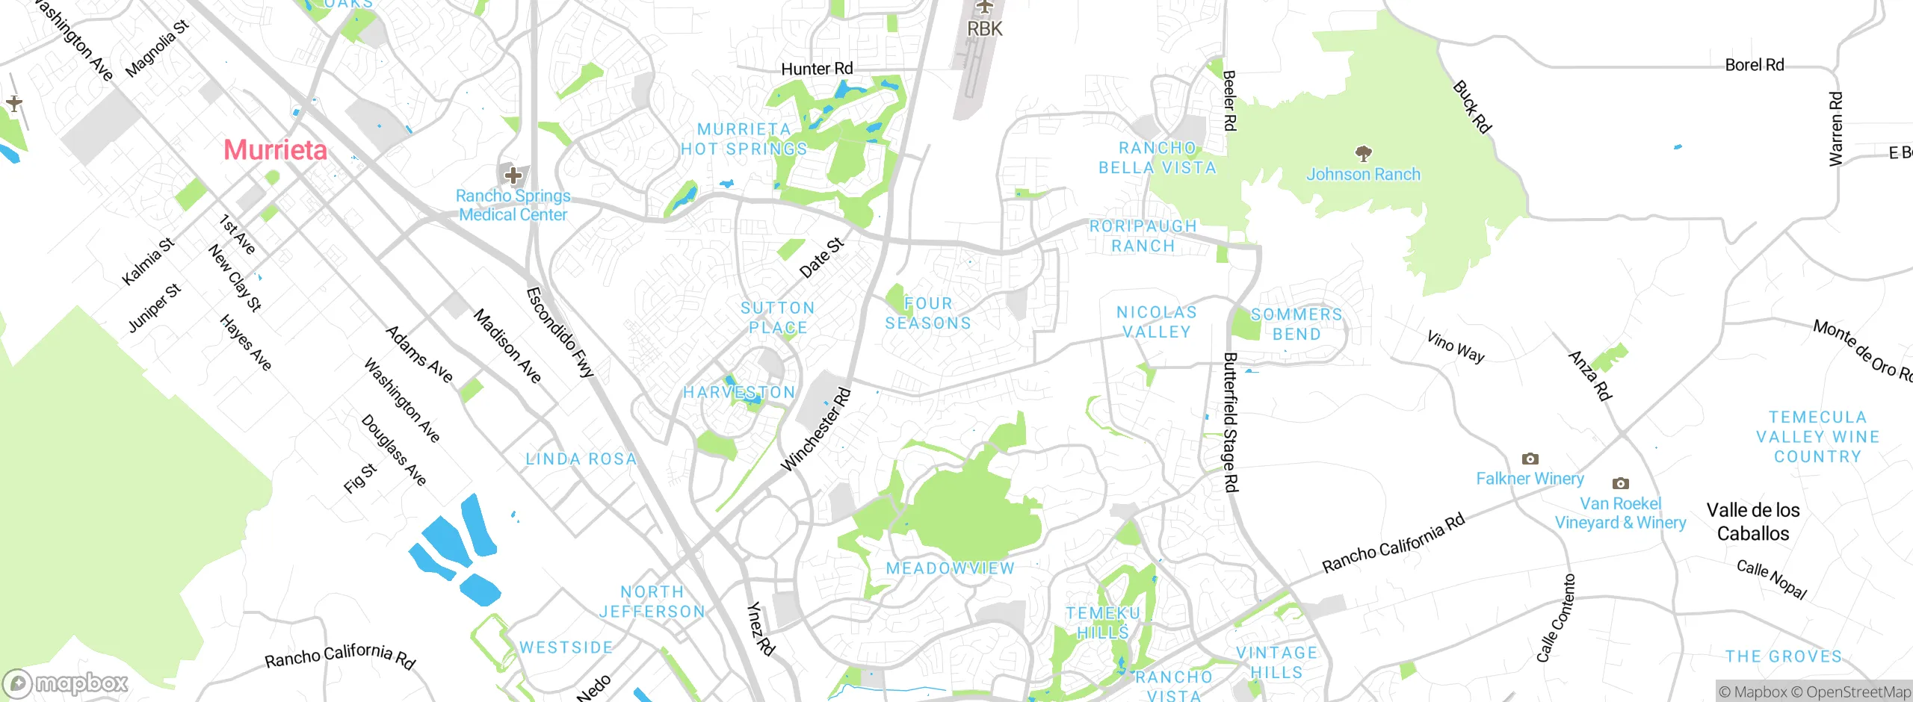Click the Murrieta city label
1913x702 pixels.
pyautogui.click(x=275, y=150)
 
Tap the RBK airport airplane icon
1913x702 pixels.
pyautogui.click(x=985, y=7)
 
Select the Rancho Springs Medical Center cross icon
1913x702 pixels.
pyautogui.click(x=513, y=176)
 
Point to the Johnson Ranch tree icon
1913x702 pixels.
pyautogui.click(x=1363, y=154)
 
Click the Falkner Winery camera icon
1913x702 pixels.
pyautogui.click(x=1530, y=459)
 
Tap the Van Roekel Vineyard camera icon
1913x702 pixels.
pyautogui.click(x=1620, y=483)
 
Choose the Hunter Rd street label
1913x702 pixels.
pyautogui.click(x=817, y=69)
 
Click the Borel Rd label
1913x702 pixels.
pyautogui.click(x=1754, y=65)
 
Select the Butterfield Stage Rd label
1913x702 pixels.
pyautogui.click(x=1230, y=422)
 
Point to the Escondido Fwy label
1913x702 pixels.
pyautogui.click(x=560, y=332)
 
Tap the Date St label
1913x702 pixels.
pyautogui.click(x=821, y=258)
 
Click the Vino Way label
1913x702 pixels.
pyautogui.click(x=1455, y=347)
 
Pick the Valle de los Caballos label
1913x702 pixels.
pyautogui.click(x=1752, y=521)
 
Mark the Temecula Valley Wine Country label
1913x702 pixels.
pyautogui.click(x=1817, y=437)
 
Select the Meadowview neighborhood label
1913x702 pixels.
pyautogui.click(x=950, y=568)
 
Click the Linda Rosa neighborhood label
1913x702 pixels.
pyautogui.click(x=581, y=459)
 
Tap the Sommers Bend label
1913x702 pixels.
pyautogui.click(x=1297, y=324)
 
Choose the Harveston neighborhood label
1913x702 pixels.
pyautogui.click(x=738, y=392)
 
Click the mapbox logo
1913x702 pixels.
pyautogui.click(x=66, y=683)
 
